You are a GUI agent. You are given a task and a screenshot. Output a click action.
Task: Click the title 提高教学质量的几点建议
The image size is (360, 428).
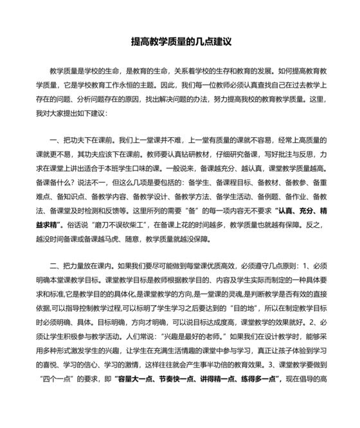click(x=180, y=41)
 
